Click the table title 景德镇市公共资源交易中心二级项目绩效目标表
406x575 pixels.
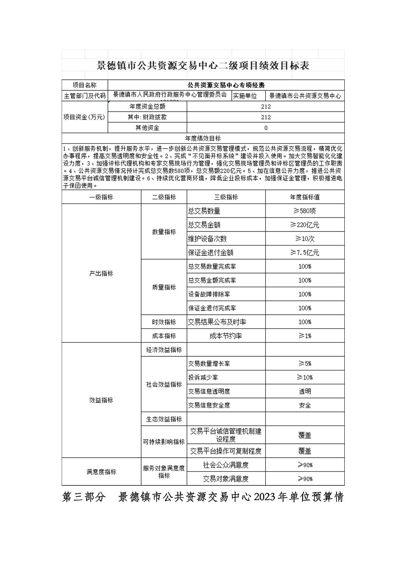[x=203, y=66]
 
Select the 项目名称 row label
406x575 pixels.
[x=85, y=85]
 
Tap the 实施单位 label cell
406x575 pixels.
[x=245, y=96]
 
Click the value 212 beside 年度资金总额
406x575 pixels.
[x=266, y=107]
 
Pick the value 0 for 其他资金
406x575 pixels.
[x=266, y=128]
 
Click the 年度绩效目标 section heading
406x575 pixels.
[x=203, y=138]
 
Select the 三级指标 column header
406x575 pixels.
[x=226, y=197]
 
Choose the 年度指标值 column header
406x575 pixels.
[x=305, y=197]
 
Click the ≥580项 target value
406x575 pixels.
[x=305, y=211]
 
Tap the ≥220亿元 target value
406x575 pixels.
[x=305, y=225]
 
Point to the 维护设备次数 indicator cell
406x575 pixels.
[x=208, y=239]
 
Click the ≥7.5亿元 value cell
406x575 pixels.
[x=305, y=253]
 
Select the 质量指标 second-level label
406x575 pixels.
[x=164, y=287]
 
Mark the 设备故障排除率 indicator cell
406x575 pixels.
[x=209, y=294]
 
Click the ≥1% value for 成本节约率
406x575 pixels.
[x=305, y=336]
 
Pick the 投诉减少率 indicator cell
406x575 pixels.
[x=203, y=378]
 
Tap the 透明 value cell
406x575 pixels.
[x=305, y=392]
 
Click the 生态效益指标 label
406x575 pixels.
[x=164, y=419]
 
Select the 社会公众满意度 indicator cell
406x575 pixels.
[x=226, y=465]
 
